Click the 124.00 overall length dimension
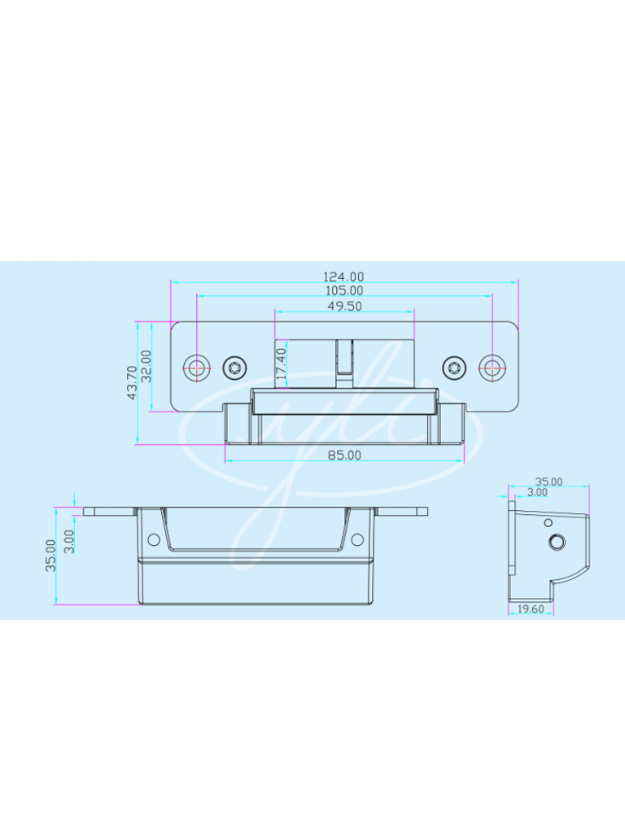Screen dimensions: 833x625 tap(344, 277)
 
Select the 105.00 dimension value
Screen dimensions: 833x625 tap(344, 290)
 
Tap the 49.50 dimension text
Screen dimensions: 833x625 tap(344, 307)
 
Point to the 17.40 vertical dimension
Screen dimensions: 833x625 tap(282, 364)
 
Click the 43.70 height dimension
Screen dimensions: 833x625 tap(132, 382)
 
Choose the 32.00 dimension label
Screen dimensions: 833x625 tap(146, 366)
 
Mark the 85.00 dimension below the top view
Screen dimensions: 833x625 tap(344, 456)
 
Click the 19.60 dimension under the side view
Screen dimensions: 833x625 tap(531, 609)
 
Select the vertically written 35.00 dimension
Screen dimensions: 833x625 tap(50, 555)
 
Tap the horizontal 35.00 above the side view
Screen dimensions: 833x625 tap(549, 482)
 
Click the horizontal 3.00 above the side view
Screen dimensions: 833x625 tap(537, 492)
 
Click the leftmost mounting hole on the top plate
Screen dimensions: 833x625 tap(195, 367)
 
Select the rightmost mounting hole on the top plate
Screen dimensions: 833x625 tap(492, 367)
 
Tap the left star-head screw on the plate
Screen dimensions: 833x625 tap(235, 367)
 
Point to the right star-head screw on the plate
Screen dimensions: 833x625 tap(452, 367)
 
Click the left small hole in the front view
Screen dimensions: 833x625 tap(152, 539)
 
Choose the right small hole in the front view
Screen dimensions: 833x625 tap(357, 539)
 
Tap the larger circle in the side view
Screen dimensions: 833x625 tap(557, 542)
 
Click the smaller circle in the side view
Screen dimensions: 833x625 tap(548, 522)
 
